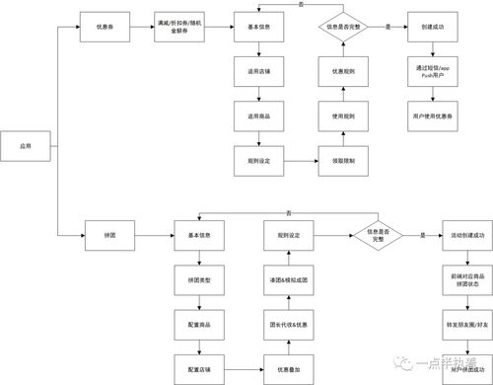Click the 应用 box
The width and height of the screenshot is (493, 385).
click(27, 145)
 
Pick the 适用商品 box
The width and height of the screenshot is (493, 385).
click(259, 116)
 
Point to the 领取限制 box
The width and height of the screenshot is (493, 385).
click(343, 159)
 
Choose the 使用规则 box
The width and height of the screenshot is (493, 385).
click(343, 116)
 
